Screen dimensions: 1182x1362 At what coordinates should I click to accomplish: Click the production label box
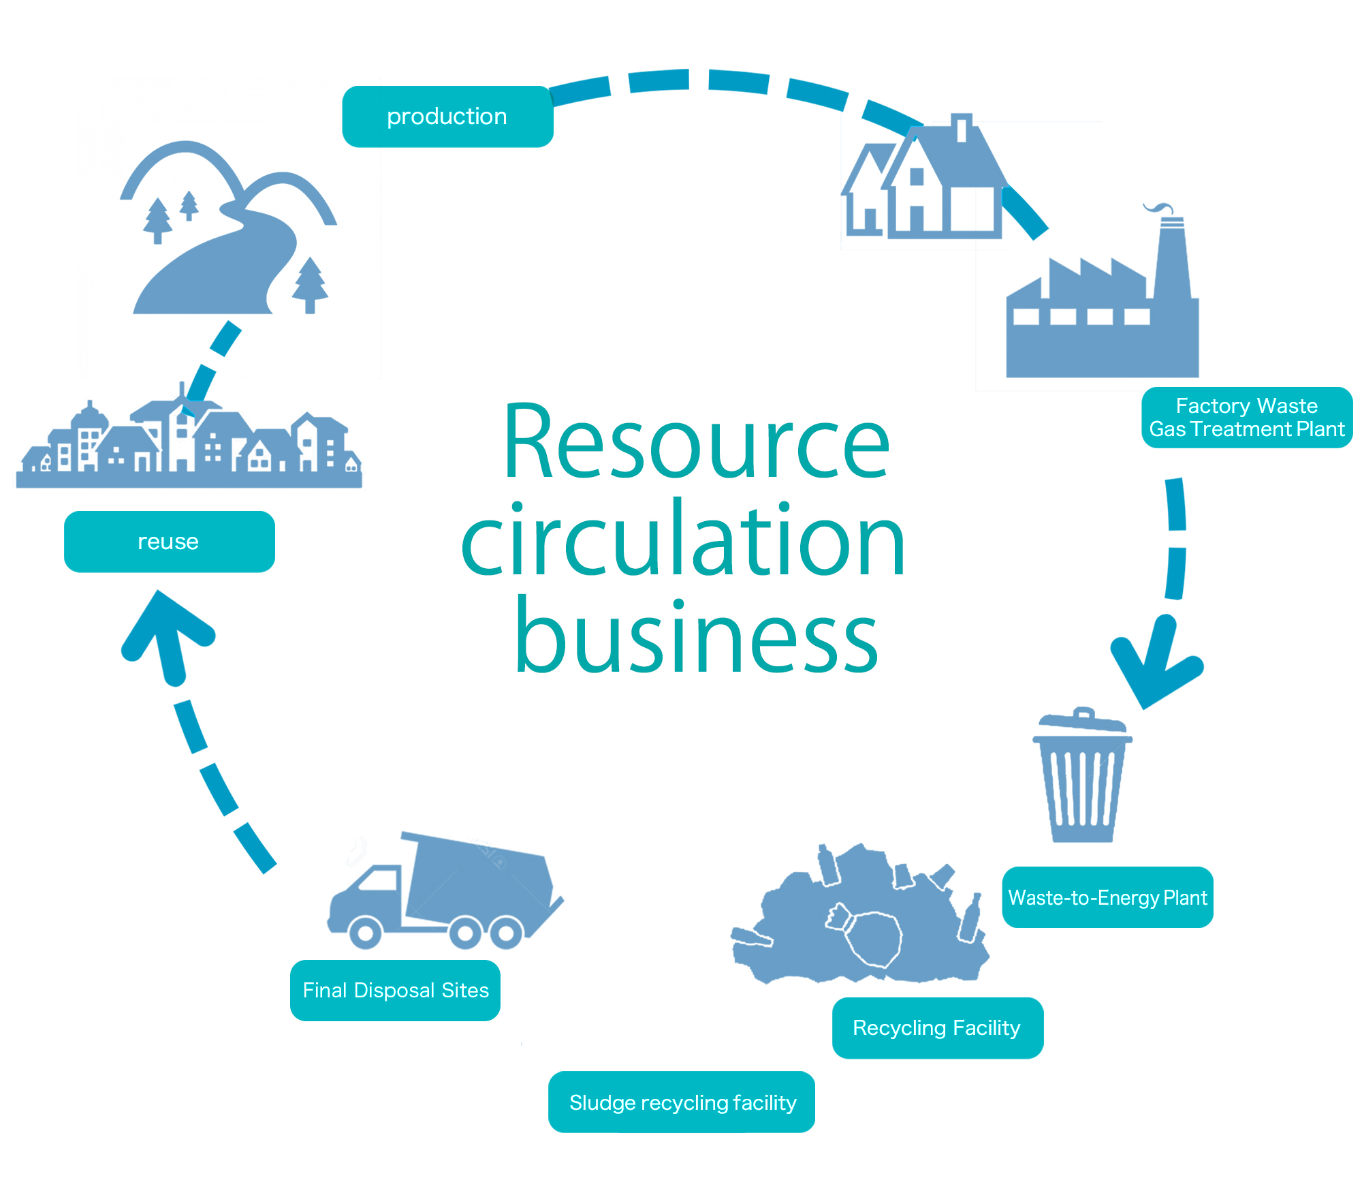pos(447,116)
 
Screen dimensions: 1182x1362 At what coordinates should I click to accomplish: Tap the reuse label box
pos(169,542)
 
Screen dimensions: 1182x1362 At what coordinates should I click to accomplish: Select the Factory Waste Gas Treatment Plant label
pos(1246,418)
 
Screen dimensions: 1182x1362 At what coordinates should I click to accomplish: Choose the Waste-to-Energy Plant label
pos(1107,897)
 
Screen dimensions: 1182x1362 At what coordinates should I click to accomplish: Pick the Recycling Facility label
pos(937,1027)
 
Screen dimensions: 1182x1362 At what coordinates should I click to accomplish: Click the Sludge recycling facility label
pos(682,1102)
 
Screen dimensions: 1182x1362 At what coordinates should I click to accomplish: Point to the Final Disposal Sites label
pos(395,990)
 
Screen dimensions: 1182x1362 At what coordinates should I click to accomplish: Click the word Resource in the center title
pos(696,443)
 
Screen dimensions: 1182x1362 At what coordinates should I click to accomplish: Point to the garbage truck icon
pos(443,892)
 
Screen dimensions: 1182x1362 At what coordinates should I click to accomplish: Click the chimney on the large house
pos(961,127)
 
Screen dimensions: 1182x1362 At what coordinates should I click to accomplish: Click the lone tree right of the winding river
pos(310,285)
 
